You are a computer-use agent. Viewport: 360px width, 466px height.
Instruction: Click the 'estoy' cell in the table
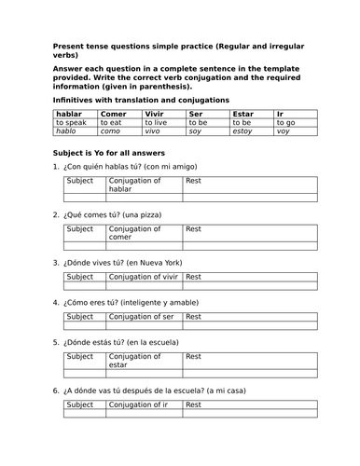coord(243,131)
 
